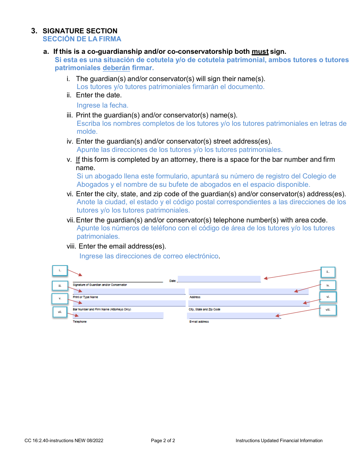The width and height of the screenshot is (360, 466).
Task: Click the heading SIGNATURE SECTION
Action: click(80, 31)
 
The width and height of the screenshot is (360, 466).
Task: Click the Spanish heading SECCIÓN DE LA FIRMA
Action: click(82, 39)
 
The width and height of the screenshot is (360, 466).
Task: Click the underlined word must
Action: click(260, 52)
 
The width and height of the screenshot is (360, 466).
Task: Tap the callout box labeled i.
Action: click(60, 271)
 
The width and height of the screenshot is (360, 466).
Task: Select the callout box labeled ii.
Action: click(328, 272)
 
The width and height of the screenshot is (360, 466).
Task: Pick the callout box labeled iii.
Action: click(60, 286)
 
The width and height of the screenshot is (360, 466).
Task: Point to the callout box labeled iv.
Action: click(328, 285)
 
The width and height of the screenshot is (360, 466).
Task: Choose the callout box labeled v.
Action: click(60, 299)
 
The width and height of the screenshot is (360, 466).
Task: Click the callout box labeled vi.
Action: click(328, 297)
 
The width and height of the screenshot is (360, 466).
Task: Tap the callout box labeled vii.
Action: click(60, 312)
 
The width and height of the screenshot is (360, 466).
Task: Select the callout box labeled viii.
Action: click(328, 310)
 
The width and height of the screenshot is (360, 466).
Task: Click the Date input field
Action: click(219, 279)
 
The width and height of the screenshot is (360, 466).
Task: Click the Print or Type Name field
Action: click(129, 291)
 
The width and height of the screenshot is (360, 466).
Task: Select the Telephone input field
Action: click(118, 315)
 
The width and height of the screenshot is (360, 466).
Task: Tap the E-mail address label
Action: click(199, 322)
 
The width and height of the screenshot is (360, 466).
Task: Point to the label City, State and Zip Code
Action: click(205, 310)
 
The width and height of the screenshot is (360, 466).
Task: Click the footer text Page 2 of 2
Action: click(163, 441)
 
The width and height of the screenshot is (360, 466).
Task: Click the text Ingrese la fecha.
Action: click(102, 105)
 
